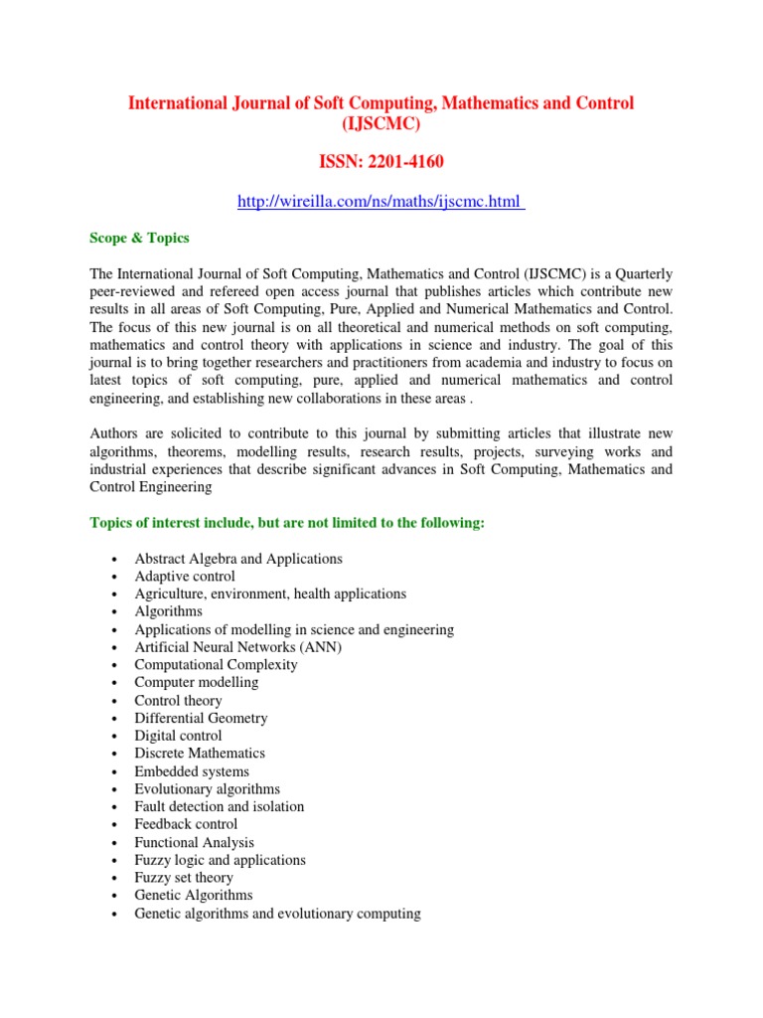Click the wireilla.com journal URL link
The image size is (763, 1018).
click(x=380, y=202)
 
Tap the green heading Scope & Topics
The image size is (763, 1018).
click(x=139, y=239)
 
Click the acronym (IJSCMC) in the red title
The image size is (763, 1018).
click(x=381, y=125)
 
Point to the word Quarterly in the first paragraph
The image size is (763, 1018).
click(x=635, y=273)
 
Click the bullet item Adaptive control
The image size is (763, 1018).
click(x=185, y=577)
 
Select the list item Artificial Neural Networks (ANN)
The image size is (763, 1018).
click(x=237, y=647)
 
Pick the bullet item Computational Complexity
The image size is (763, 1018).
click(x=216, y=664)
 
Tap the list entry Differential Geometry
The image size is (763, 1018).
click(x=201, y=718)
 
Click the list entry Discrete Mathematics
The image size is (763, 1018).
click(x=200, y=754)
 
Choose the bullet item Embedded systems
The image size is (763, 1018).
click(x=192, y=771)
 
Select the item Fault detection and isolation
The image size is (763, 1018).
click(x=220, y=806)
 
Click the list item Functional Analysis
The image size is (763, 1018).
click(x=194, y=842)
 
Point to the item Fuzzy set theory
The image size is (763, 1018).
click(x=184, y=878)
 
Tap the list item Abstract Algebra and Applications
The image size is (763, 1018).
click(x=238, y=559)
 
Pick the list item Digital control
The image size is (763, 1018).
click(x=179, y=736)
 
